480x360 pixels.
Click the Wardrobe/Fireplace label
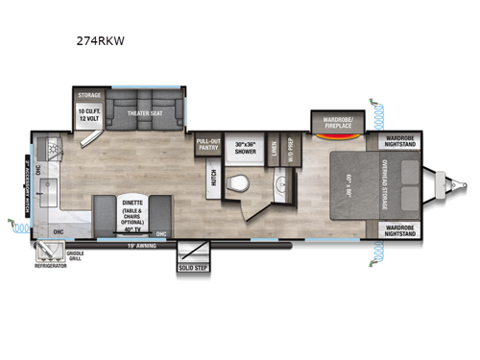334,121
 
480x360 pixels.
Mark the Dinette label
132,204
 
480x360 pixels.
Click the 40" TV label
132,230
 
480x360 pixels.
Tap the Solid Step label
192,267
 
